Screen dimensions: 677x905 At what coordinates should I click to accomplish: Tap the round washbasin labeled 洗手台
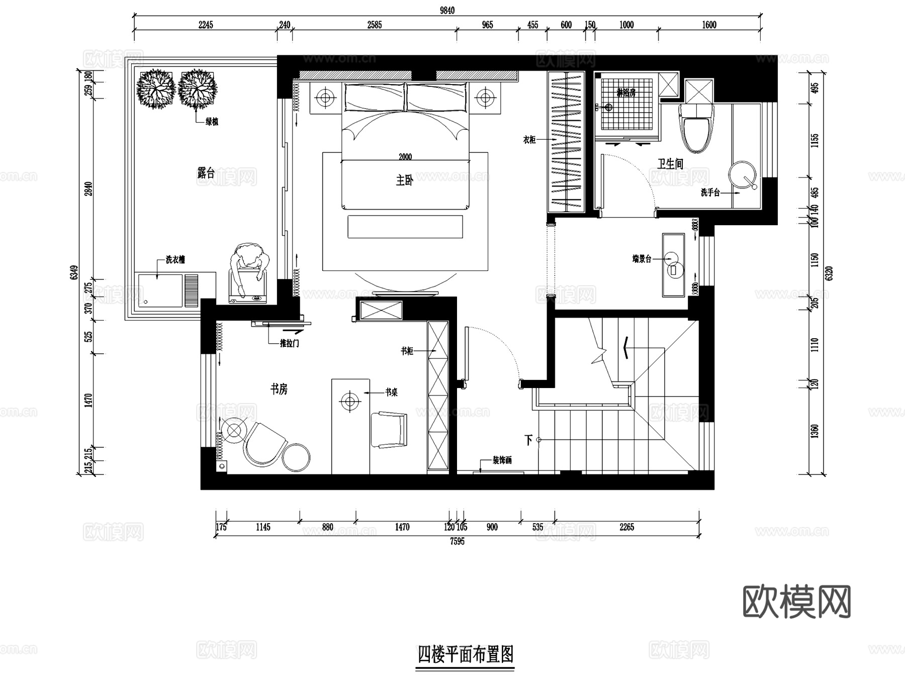coord(742,174)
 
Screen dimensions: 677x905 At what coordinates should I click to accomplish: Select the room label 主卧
coord(404,180)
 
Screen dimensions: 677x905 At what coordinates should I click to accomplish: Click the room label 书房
coord(279,389)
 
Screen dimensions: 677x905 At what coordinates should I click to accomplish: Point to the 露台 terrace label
coord(206,173)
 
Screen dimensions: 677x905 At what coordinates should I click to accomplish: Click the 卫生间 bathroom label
coord(670,163)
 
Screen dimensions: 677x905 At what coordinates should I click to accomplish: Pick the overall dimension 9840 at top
coord(446,11)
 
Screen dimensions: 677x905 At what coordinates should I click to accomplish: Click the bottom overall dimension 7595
coord(457,541)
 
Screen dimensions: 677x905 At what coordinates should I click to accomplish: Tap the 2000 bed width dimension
coord(405,157)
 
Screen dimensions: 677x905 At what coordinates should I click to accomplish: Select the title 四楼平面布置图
coord(466,655)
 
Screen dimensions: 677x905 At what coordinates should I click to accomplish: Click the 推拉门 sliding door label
coord(289,343)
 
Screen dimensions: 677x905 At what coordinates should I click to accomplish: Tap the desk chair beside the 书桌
coord(389,429)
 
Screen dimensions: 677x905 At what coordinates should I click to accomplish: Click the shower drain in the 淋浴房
coord(608,107)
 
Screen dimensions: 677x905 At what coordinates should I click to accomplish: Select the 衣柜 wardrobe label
coord(529,140)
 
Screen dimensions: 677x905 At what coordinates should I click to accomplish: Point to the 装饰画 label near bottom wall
coord(502,460)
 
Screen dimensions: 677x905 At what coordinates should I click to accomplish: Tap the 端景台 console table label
coord(642,259)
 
